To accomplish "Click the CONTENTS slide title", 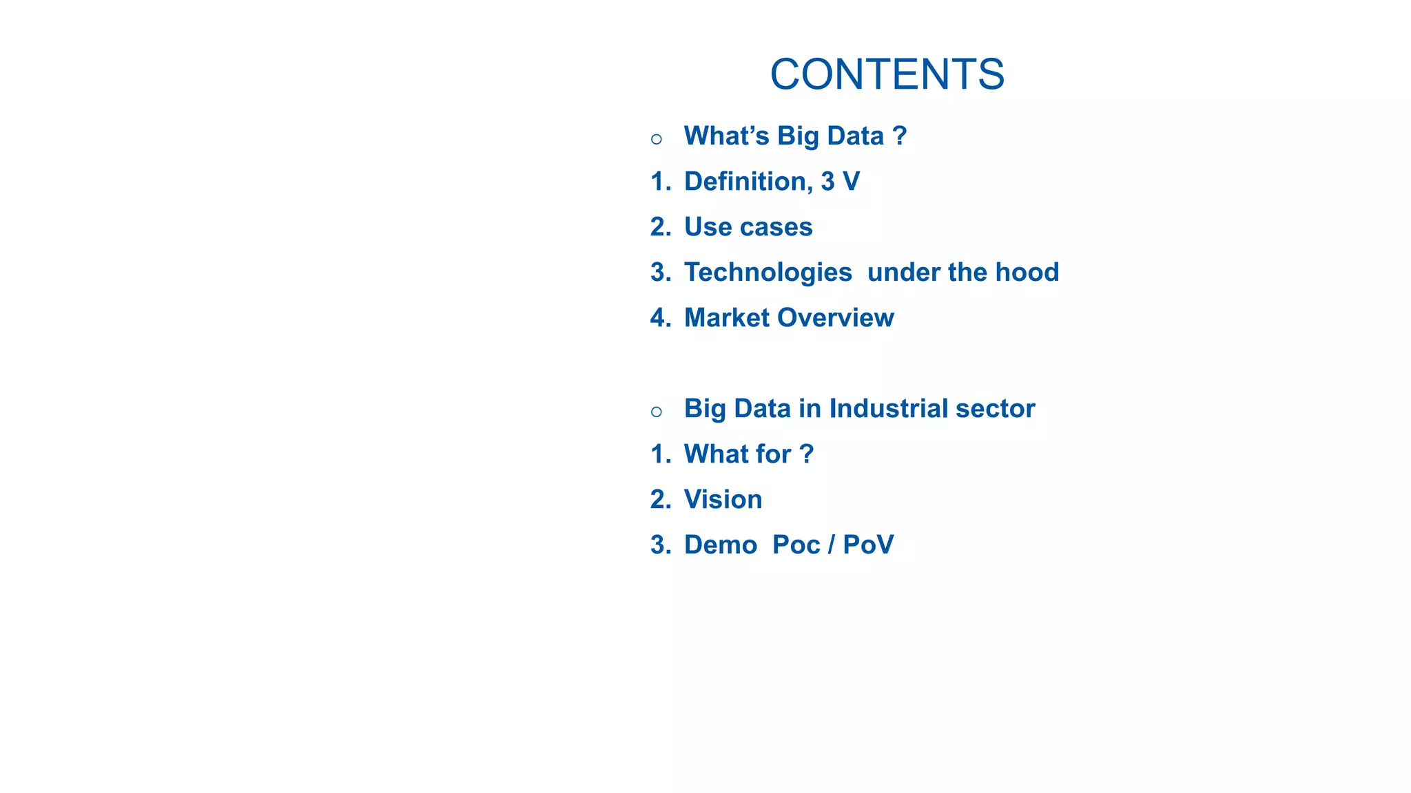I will tap(887, 74).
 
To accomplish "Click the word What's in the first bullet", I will tap(726, 136).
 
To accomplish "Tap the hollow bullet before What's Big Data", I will tap(657, 140).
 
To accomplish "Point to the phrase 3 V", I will tap(840, 182).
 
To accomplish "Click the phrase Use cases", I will tap(748, 227).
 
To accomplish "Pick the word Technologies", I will tap(768, 273).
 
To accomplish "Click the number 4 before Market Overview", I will tap(659, 318).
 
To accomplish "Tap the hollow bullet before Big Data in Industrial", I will tap(657, 412).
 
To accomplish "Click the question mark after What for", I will tap(807, 454).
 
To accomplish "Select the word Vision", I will tap(723, 500).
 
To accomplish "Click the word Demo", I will tap(720, 545).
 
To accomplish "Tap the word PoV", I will tap(868, 545).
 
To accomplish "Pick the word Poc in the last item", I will tap(796, 545).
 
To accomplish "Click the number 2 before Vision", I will tap(659, 500).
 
